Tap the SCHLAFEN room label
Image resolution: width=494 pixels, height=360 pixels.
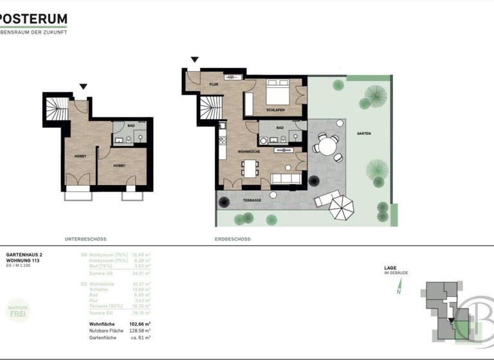coord(275,110)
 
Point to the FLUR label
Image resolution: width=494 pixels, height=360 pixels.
coord(214,84)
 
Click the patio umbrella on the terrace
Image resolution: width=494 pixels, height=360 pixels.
coord(342,207)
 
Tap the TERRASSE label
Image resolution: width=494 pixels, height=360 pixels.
coord(252,201)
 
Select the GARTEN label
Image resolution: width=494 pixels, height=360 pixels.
coord(363,133)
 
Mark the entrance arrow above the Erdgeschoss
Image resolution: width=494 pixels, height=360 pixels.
coord(194,61)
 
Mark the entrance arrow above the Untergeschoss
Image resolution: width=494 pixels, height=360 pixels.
coord(82,87)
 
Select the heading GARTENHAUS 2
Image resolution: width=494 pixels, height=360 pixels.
coord(24,255)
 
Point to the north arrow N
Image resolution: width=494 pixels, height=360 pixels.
coord(398,290)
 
